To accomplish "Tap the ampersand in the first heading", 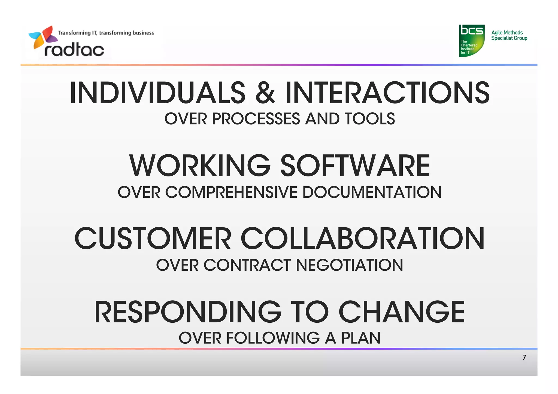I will coord(265,93).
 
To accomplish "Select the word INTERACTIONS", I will coord(387,93).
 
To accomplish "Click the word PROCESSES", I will coord(256,119).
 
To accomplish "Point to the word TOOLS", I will coord(369,119).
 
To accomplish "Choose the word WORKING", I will coord(200,165).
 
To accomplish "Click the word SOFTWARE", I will coord(355,165).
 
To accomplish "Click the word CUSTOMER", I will coord(153,239).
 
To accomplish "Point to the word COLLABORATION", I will coord(362,239).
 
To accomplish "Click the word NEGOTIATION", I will coord(349,265).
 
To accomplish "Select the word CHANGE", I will coord(401,312).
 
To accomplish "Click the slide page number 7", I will coord(524,357).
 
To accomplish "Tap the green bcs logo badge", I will coord(472,41).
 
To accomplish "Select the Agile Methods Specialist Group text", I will coord(509,35).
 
